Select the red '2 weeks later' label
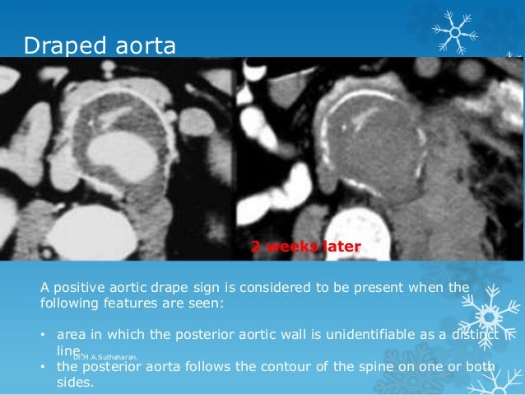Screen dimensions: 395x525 point(305,246)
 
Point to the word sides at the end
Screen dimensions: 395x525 point(75,383)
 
